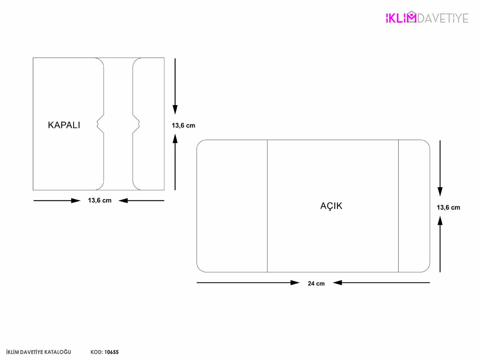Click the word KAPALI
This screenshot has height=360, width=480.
pyautogui.click(x=64, y=125)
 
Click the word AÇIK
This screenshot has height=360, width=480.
pyautogui.click(x=331, y=205)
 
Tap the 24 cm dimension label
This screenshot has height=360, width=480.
pyautogui.click(x=316, y=284)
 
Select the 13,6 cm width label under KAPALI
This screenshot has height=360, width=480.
pyautogui.click(x=100, y=200)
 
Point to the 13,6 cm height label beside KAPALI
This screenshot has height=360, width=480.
pyautogui.click(x=183, y=125)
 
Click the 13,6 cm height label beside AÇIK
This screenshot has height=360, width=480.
pyautogui.click(x=449, y=208)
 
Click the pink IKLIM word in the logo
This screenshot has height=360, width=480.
pyautogui.click(x=401, y=18)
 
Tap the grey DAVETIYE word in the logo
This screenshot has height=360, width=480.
pyautogui.click(x=443, y=18)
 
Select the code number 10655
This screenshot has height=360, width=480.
pyautogui.click(x=111, y=352)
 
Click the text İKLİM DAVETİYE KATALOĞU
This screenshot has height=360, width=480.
pyautogui.click(x=39, y=352)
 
